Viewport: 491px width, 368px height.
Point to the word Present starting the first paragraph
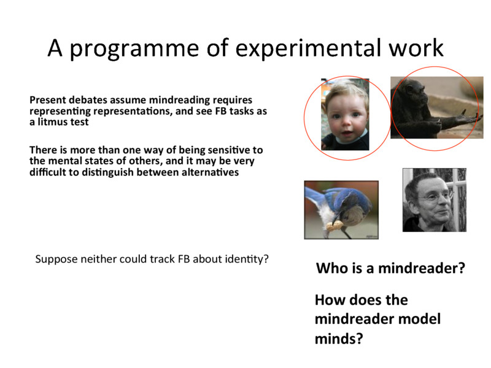click(49, 99)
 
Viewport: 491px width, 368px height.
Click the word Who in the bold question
click(330, 269)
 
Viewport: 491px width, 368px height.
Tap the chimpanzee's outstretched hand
click(466, 117)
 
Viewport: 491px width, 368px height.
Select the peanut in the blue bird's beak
click(335, 226)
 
